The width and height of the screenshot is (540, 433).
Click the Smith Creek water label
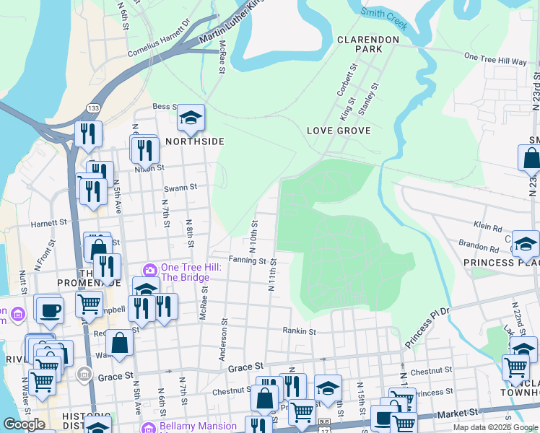[385, 17]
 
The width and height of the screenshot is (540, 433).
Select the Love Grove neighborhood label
[339, 131]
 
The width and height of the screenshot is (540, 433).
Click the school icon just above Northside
[191, 118]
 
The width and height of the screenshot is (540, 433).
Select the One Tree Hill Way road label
[495, 58]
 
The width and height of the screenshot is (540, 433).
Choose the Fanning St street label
[248, 261]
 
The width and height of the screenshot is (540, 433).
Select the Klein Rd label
[487, 227]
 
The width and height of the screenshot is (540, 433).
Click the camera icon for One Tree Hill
[150, 270]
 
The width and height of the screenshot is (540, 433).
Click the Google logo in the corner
[23, 424]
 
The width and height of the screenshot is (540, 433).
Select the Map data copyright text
[495, 427]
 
